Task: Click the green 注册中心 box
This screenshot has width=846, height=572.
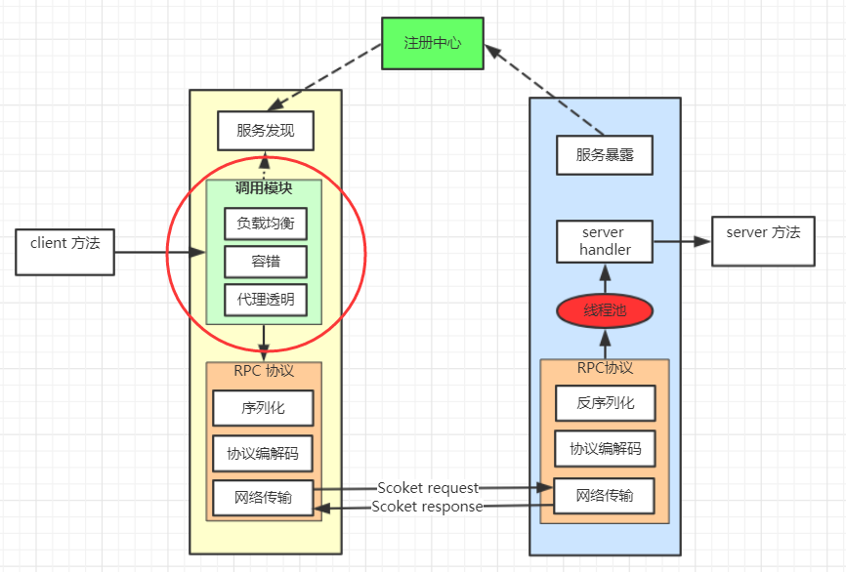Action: tap(433, 43)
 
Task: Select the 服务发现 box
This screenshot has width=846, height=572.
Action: tap(266, 131)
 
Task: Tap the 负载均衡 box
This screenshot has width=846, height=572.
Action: tap(265, 224)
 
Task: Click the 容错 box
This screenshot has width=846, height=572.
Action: tap(265, 262)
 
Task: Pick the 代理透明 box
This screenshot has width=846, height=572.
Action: tap(265, 300)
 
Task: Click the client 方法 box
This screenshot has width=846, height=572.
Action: tap(65, 251)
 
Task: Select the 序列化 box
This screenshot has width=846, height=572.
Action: tap(264, 407)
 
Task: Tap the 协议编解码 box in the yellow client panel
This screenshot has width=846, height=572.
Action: tap(264, 452)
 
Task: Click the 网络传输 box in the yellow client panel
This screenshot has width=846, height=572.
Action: tap(264, 497)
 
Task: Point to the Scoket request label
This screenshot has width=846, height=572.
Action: tap(428, 487)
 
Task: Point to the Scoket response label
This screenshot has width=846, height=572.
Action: tap(427, 507)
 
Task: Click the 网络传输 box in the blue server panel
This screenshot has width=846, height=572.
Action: tap(605, 495)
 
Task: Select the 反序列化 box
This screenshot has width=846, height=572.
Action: tap(605, 402)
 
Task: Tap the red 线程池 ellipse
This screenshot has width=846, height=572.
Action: tap(605, 311)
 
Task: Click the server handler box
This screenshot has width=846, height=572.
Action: tap(605, 241)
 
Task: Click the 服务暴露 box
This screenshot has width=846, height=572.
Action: tap(605, 154)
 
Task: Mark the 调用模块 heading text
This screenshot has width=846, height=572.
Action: tap(264, 188)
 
